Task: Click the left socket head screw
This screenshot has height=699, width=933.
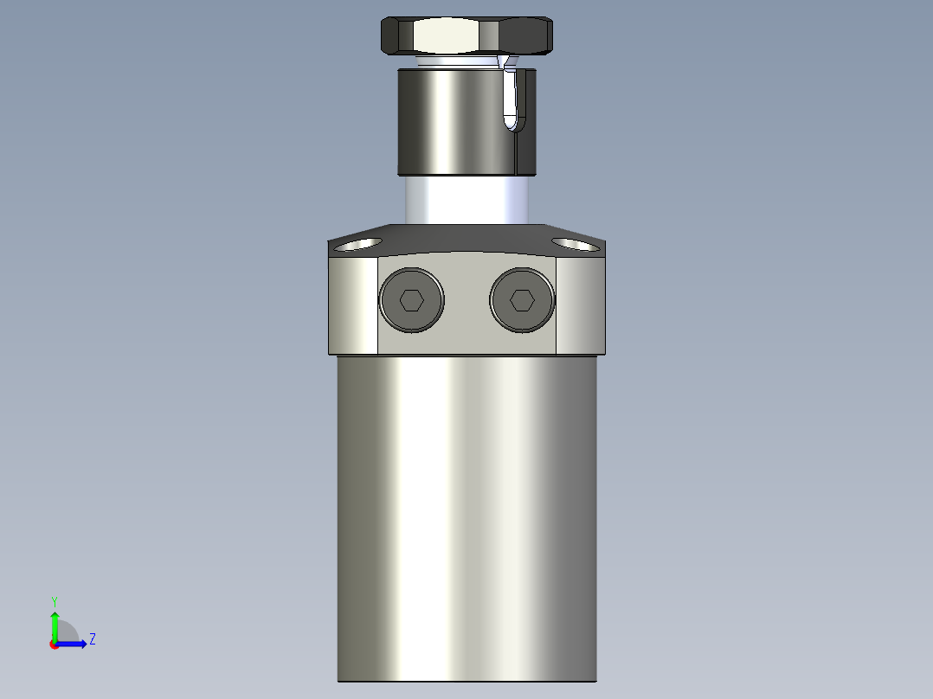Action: tap(411, 300)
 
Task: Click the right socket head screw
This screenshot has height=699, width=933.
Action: tap(521, 300)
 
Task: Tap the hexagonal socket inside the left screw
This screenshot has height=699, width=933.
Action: tap(411, 300)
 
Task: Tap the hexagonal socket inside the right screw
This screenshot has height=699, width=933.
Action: tap(521, 300)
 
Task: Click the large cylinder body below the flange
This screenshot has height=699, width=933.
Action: tap(466, 519)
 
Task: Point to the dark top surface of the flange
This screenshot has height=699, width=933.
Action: tap(466, 237)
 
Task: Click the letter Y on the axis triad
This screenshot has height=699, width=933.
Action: tap(54, 601)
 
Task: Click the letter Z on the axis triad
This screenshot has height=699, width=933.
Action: tap(92, 639)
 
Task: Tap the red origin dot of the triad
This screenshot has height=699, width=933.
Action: tap(55, 644)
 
